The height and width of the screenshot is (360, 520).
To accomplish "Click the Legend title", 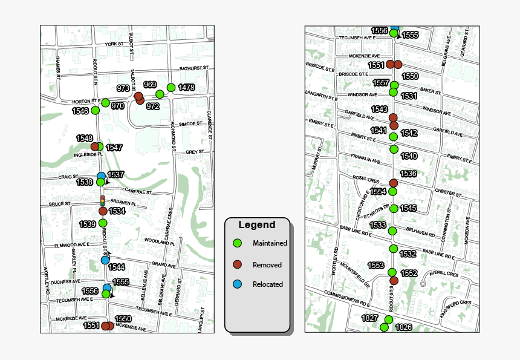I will [256, 225].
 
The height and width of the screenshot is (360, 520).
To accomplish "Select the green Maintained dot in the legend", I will [238, 243].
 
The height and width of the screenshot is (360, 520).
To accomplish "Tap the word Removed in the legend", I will [267, 264].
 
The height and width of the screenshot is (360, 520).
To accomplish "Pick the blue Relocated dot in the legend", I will [238, 284].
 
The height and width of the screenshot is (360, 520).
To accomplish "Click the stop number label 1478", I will [186, 88].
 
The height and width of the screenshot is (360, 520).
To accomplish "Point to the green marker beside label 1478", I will [171, 87].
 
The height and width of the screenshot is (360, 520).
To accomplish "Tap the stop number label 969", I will [151, 84].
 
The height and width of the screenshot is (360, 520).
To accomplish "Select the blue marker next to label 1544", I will [105, 260].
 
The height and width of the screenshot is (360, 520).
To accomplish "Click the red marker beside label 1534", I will [103, 211].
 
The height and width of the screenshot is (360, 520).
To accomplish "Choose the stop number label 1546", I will [80, 111].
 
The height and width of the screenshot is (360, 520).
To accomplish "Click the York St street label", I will [114, 45].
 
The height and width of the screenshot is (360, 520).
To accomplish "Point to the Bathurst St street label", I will [193, 68].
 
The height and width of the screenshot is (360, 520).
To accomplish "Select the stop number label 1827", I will [369, 318].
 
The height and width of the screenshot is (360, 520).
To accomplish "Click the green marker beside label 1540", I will [394, 149].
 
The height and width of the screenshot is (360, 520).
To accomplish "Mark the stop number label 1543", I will [380, 109].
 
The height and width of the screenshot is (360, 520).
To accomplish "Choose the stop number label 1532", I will [408, 254].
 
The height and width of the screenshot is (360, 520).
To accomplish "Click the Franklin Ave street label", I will [366, 160].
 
